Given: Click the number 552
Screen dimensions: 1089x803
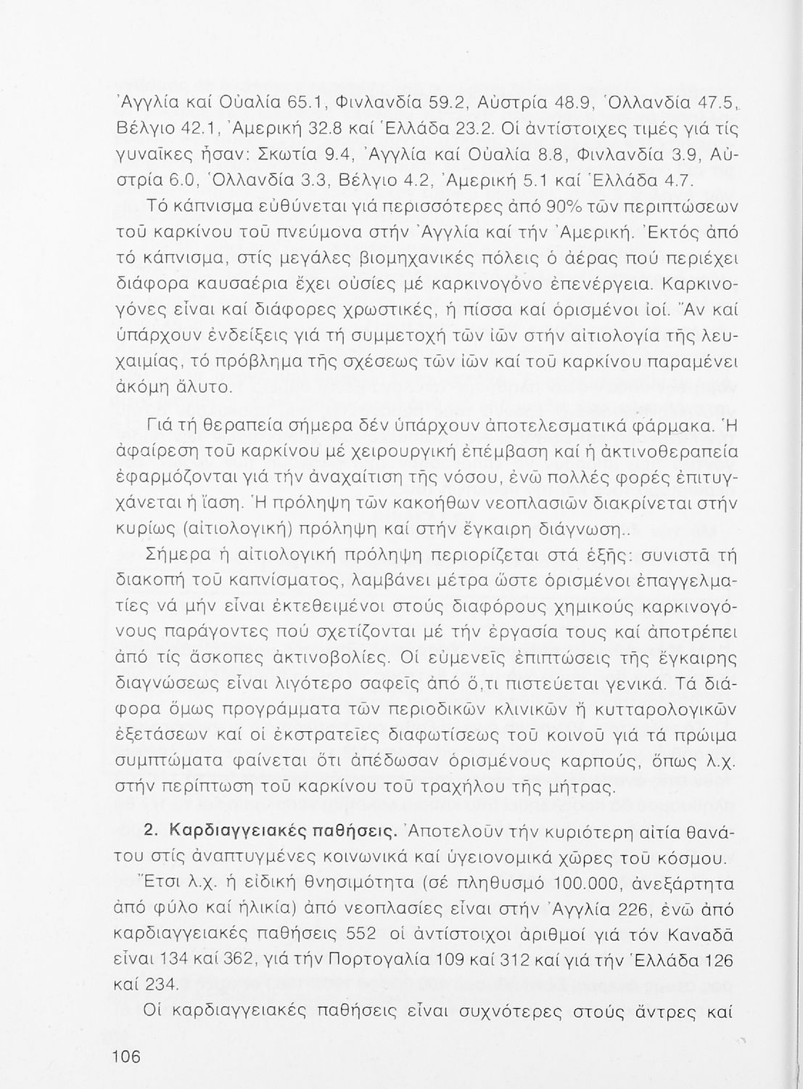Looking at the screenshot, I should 361,935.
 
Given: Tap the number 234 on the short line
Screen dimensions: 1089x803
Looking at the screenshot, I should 162,984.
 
